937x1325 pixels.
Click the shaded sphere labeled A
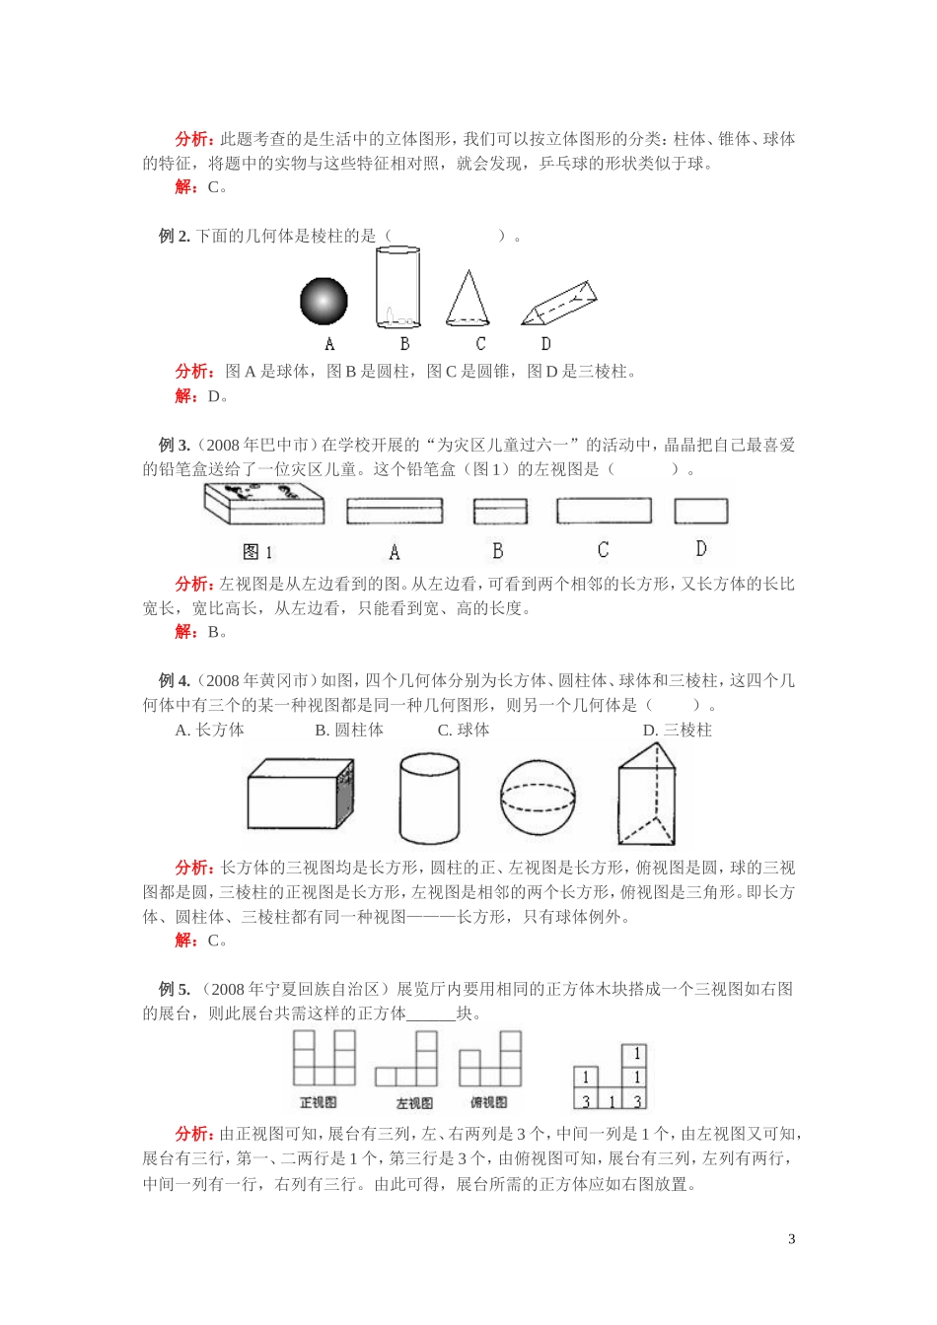(x=324, y=301)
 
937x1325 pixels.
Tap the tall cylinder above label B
(x=396, y=288)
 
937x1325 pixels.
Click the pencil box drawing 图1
(x=264, y=504)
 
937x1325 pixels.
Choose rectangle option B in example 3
(x=500, y=511)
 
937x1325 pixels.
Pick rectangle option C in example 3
(x=604, y=511)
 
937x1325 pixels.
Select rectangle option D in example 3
(x=701, y=511)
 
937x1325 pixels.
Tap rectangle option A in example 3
(x=395, y=511)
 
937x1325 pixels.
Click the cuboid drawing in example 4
(x=300, y=794)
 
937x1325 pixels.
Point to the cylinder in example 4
(x=429, y=799)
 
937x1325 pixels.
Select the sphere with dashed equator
(x=538, y=798)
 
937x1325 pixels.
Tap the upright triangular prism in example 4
(x=647, y=795)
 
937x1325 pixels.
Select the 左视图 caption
(x=414, y=1102)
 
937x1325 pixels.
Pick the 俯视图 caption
(x=489, y=1102)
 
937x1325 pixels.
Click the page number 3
(x=792, y=1239)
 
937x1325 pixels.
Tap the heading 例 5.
(x=174, y=989)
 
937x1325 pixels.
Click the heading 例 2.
(x=174, y=236)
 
